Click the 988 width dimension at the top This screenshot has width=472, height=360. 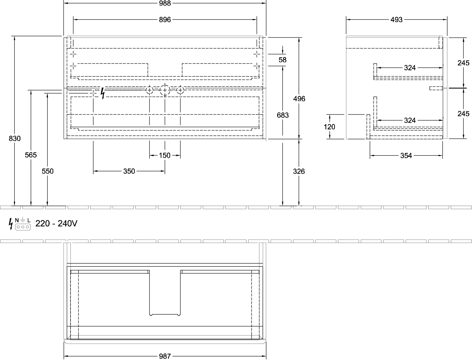(165, 3)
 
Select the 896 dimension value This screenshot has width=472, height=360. (165, 19)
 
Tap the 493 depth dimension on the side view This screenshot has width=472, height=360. (396, 19)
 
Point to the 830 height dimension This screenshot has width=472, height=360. (15, 138)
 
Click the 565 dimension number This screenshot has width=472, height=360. (31, 155)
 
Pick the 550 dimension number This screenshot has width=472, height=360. (48, 171)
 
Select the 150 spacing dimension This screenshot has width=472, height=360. (165, 155)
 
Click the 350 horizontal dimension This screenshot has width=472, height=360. (129, 171)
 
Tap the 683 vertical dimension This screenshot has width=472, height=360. (283, 115)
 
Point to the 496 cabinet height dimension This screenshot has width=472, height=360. (299, 98)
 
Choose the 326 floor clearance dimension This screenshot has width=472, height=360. (299, 171)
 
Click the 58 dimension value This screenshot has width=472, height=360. (283, 60)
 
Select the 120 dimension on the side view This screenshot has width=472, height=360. (329, 127)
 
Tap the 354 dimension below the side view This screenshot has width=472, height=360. (406, 155)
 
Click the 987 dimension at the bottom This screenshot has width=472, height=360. (165, 356)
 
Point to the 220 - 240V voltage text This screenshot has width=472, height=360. (56, 223)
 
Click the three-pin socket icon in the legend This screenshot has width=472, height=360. (23, 227)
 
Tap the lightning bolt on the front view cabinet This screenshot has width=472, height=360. (103, 93)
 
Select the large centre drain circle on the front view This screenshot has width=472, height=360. (165, 90)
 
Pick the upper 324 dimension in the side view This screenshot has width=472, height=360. (410, 68)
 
